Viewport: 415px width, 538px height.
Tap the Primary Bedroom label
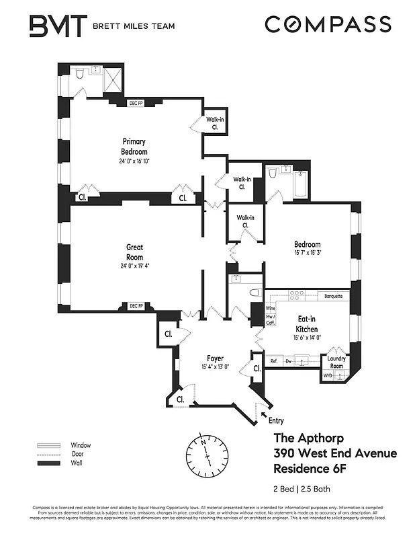coord(134,146)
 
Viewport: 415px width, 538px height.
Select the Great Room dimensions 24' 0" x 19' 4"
coord(134,265)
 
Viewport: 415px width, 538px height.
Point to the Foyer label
coord(215,358)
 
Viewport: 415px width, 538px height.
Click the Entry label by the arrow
coord(276,421)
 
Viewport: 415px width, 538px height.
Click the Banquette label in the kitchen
coord(333,296)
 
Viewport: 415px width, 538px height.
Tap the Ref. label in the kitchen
coord(274,362)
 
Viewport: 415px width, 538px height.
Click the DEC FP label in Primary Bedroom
coord(137,104)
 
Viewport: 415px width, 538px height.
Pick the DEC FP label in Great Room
coord(136,306)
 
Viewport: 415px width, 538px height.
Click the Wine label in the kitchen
coord(271,307)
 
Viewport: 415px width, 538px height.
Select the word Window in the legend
coord(81,445)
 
